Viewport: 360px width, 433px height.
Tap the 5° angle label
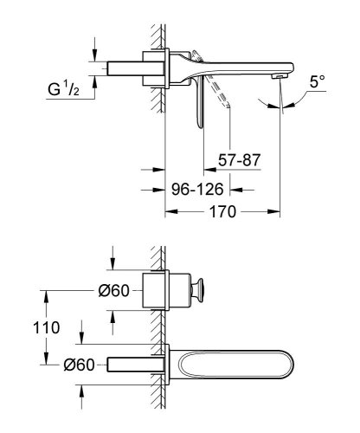click(318, 84)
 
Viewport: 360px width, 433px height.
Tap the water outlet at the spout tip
click(280, 78)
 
